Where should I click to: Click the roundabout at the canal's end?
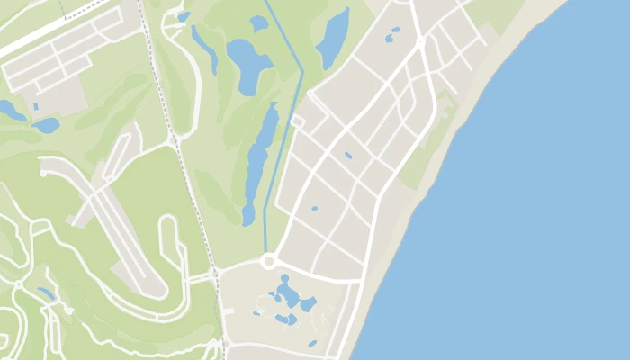[x=267, y=261]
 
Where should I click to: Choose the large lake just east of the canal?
[x=334, y=38]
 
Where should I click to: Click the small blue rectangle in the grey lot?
[x=35, y=107]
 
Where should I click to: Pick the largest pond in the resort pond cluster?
[x=288, y=292]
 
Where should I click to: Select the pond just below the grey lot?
[x=45, y=125]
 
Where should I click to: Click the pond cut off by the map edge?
[x=9, y=111]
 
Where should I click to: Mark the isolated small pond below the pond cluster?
[x=312, y=343]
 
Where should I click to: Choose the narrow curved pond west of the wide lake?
[x=204, y=49]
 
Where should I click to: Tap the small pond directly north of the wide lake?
[x=259, y=23]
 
